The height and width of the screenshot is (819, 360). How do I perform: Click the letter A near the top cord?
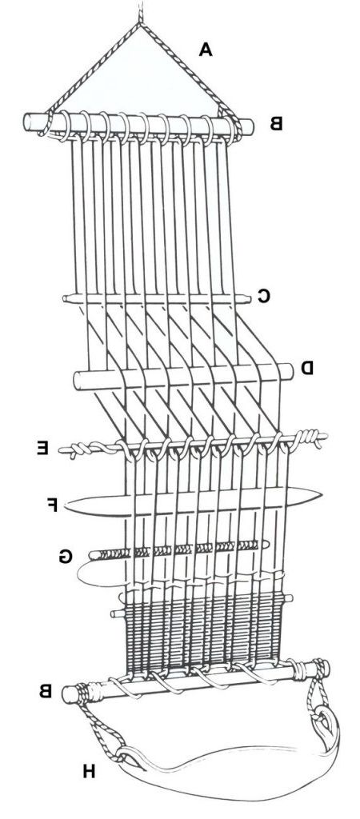tap(206, 49)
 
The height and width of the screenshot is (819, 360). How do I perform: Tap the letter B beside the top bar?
tap(275, 124)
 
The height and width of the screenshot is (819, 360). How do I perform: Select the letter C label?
tap(263, 297)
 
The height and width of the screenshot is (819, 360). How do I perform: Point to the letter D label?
tap(306, 368)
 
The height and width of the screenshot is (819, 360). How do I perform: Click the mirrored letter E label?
tap(42, 448)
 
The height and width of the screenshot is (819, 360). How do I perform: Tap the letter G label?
tap(65, 557)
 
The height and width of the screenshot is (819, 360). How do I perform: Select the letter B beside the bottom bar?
tap(45, 691)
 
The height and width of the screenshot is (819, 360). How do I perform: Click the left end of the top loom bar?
tap(27, 122)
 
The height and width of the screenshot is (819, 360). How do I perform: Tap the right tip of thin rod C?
tap(248, 299)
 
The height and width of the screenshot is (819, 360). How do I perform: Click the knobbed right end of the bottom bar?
tap(322, 668)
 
